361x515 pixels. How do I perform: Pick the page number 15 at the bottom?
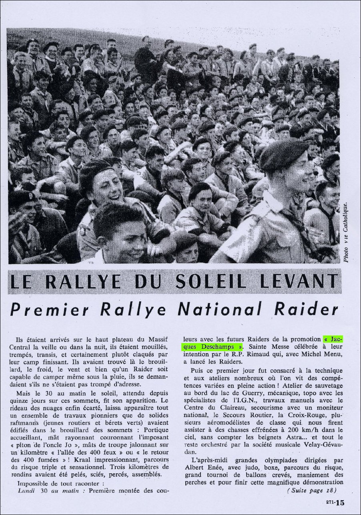pyautogui.click(x=340, y=502)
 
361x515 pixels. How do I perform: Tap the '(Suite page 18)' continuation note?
pyautogui.click(x=311, y=490)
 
